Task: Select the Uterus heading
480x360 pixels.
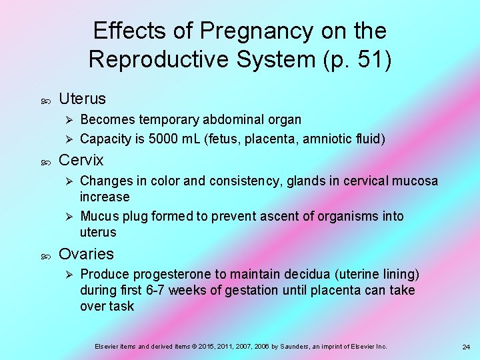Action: [x=82, y=99]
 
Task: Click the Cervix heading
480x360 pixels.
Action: [x=81, y=160]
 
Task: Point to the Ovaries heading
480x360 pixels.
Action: [x=86, y=254]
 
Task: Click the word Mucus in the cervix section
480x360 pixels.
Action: [x=98, y=217]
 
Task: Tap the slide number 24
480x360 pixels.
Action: [x=466, y=347]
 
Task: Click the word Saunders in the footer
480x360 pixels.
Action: [x=285, y=347]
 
